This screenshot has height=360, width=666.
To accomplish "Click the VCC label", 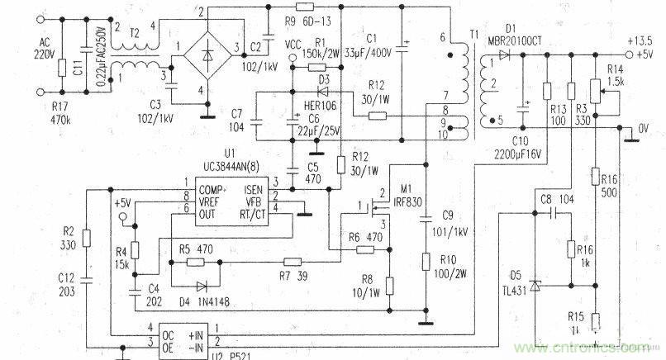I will (291, 43).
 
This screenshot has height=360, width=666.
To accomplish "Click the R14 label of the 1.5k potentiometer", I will (616, 69).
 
